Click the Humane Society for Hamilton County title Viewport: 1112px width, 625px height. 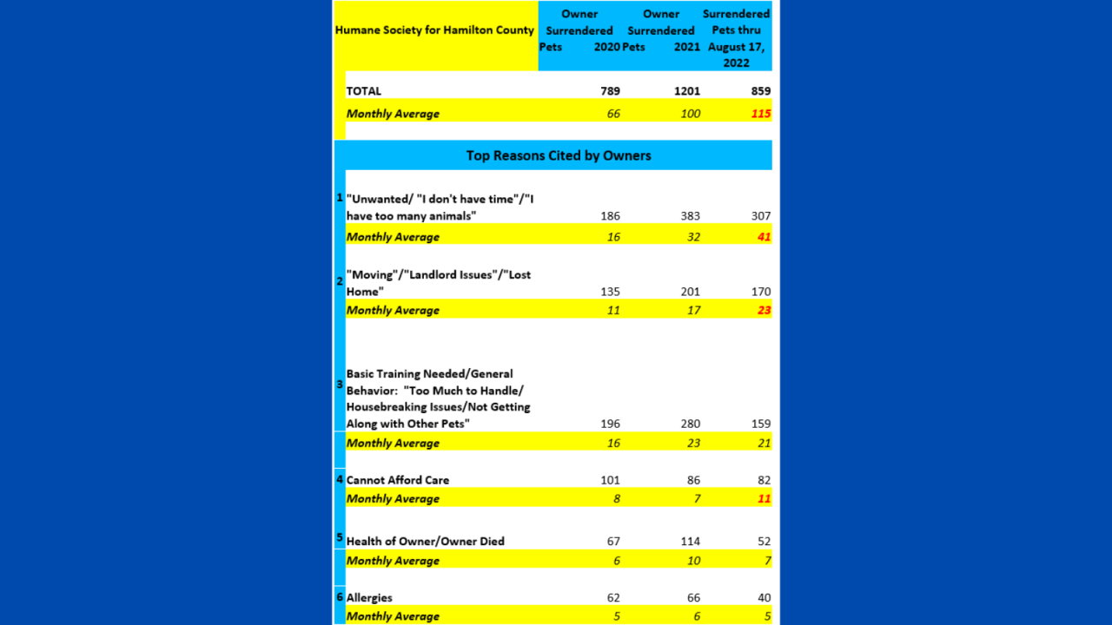coord(434,30)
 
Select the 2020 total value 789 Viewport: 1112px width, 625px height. coord(610,91)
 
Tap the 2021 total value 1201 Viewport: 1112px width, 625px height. coord(685,91)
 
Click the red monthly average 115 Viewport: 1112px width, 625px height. coord(760,114)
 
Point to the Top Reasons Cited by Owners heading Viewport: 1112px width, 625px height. coord(559,156)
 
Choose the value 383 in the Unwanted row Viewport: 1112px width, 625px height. coord(689,216)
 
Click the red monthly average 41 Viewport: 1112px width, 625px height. coord(763,237)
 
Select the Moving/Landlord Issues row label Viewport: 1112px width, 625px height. coord(439,283)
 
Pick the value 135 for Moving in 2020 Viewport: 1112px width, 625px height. coord(610,292)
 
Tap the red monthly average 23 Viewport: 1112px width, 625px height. coord(763,310)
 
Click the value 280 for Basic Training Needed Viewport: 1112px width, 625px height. coord(689,424)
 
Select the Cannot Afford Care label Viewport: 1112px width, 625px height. coord(398,480)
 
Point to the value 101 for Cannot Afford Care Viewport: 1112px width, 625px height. coord(610,480)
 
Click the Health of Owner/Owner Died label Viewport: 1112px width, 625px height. coord(426,542)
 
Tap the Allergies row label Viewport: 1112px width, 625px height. coord(369,598)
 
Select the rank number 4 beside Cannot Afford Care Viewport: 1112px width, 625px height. coord(340,479)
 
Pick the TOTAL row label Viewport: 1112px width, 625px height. coord(364,91)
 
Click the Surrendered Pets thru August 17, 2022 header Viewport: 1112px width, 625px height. coord(736,38)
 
